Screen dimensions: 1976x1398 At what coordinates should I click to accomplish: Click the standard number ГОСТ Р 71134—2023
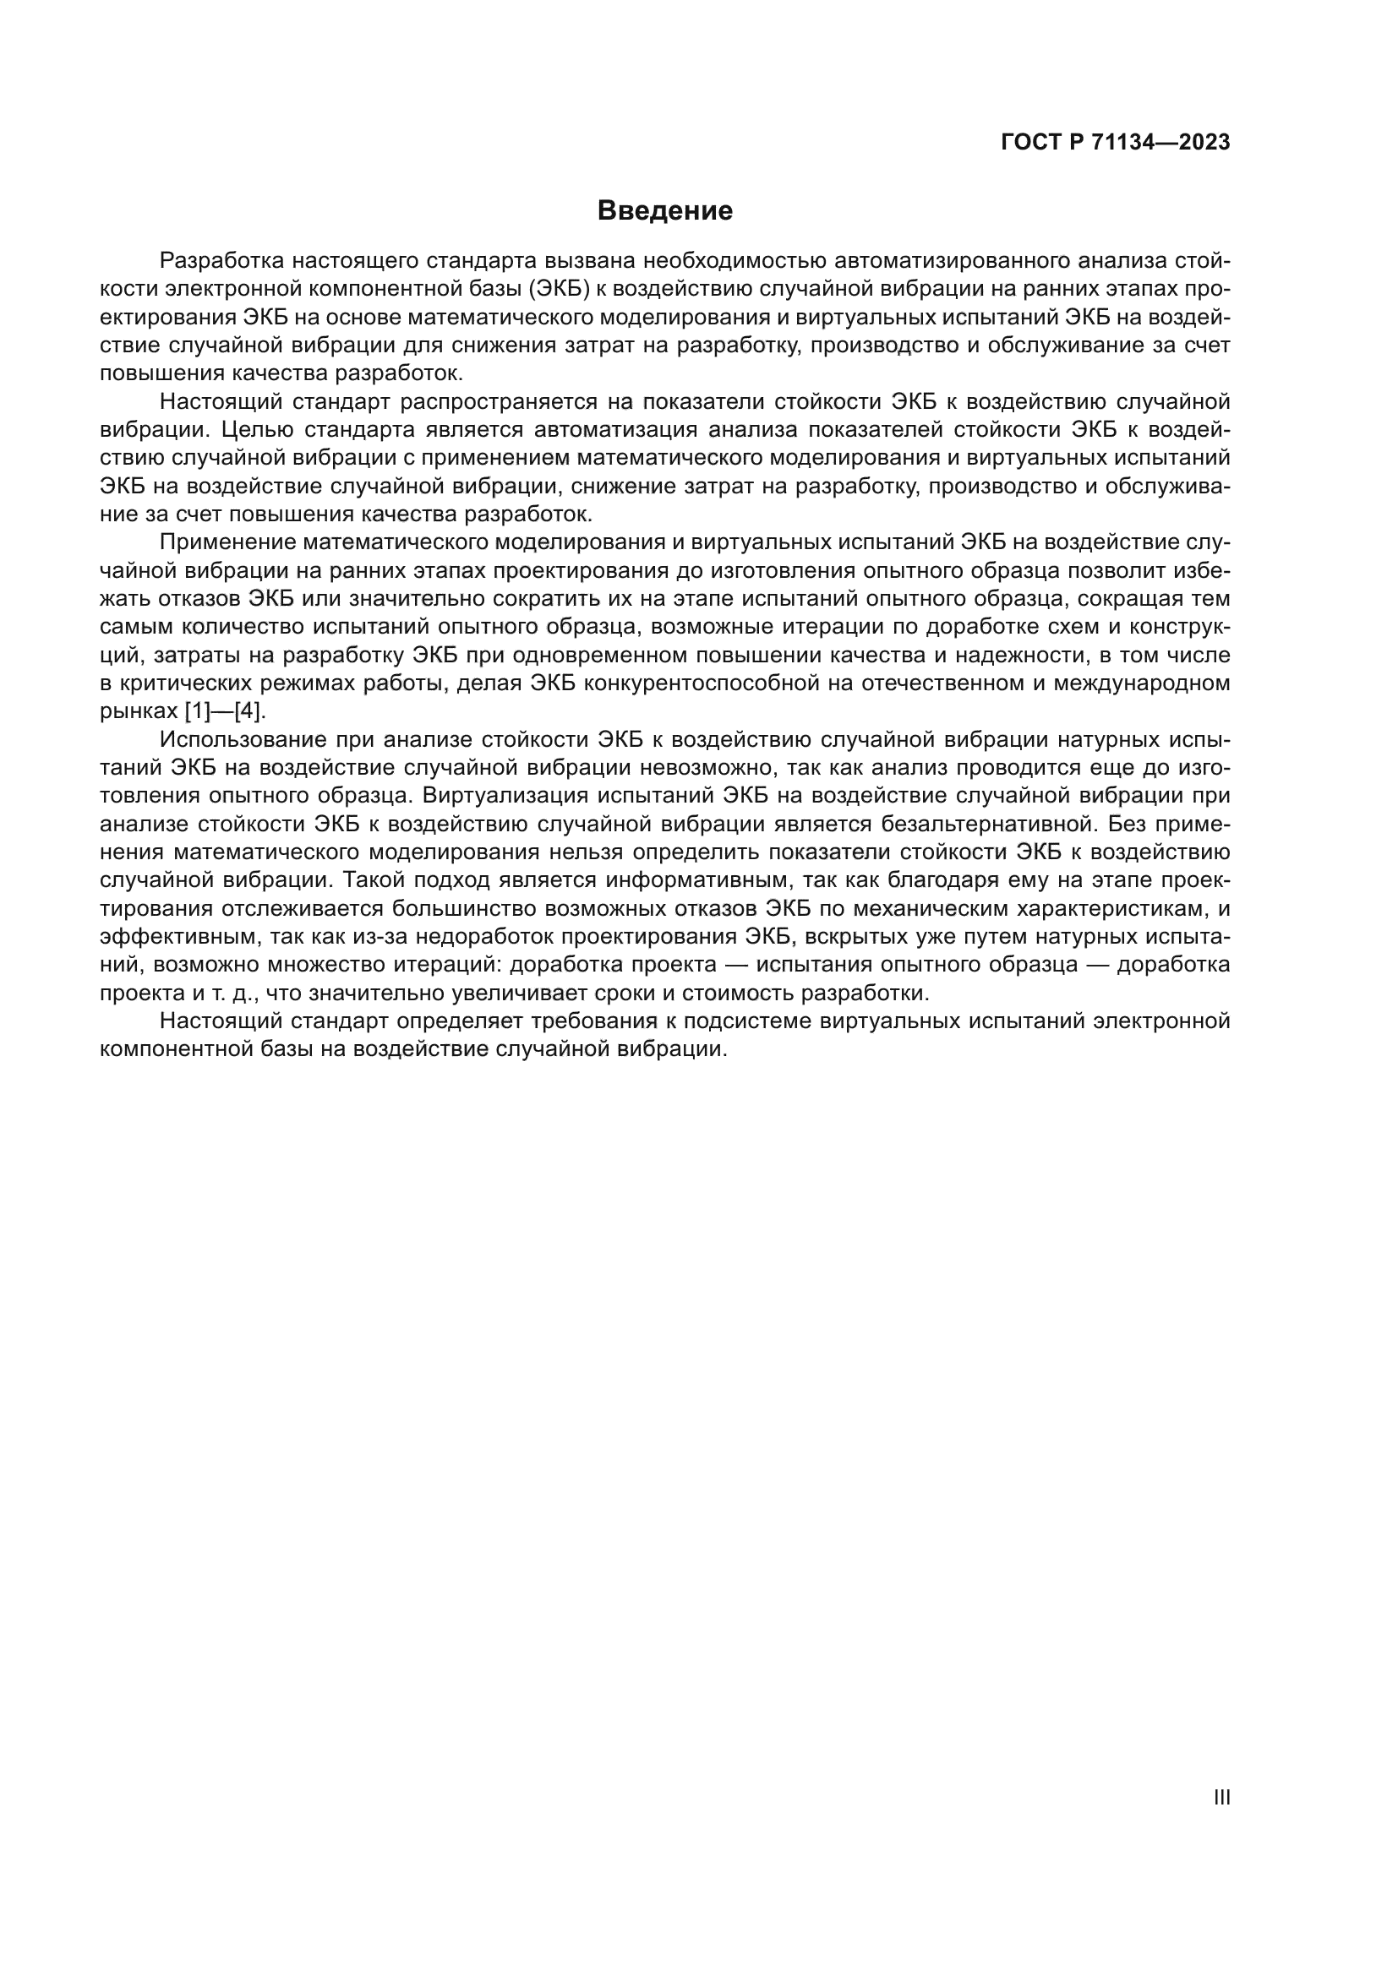[x=1115, y=143]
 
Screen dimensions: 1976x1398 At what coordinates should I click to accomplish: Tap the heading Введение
[x=664, y=211]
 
